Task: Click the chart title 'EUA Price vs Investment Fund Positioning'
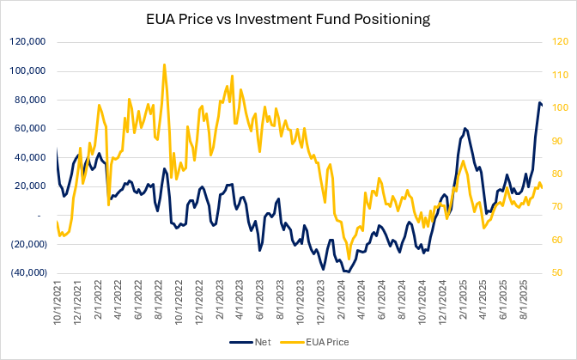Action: coord(288,17)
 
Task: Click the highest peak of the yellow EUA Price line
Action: coord(164,64)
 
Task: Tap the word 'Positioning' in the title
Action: coord(392,17)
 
